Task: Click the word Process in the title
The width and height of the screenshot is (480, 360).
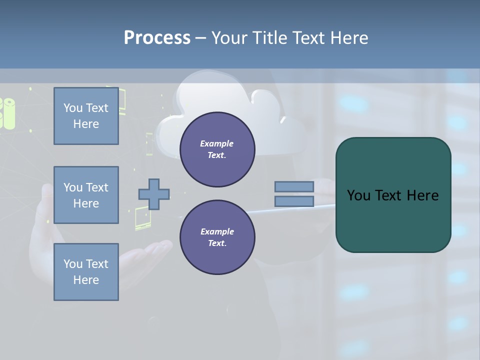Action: (157, 37)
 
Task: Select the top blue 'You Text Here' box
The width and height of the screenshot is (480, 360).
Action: (86, 116)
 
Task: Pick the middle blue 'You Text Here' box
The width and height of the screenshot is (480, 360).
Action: (86, 195)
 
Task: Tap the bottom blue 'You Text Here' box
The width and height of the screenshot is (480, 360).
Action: (86, 272)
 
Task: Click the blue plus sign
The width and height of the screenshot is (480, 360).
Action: (154, 194)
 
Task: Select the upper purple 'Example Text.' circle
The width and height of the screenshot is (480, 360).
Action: (217, 149)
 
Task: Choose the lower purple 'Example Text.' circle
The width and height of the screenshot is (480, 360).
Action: (217, 237)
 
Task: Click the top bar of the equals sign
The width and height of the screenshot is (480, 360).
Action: (294, 186)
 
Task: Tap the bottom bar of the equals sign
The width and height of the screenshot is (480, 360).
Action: (294, 201)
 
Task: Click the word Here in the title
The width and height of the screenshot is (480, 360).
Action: (349, 37)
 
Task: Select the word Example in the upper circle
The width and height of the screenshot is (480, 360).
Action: (217, 143)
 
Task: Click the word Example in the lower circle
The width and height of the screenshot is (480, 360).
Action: (217, 231)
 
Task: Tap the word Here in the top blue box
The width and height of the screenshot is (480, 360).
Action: (86, 124)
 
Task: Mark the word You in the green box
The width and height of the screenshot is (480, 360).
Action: (359, 195)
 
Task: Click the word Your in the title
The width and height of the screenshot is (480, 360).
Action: (230, 37)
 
